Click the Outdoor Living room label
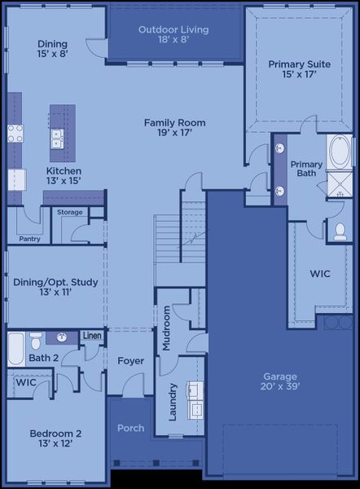(173, 35)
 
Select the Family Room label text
(174, 129)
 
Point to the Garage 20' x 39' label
(279, 381)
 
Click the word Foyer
(130, 360)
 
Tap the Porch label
(130, 428)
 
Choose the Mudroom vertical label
(167, 328)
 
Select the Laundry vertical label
(172, 402)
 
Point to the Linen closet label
(92, 336)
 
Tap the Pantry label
(29, 239)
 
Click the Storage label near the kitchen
(70, 212)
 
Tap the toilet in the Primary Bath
(338, 231)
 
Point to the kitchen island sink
(57, 139)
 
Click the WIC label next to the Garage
(320, 274)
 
